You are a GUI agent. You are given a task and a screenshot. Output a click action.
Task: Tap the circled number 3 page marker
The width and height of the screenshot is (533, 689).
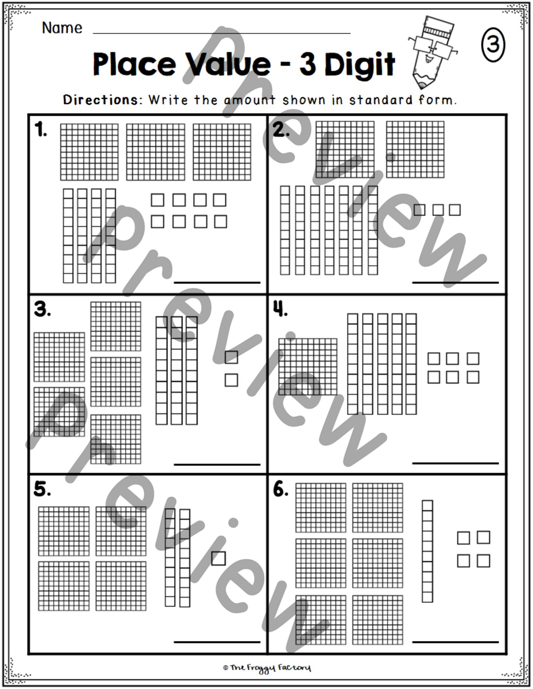(493, 44)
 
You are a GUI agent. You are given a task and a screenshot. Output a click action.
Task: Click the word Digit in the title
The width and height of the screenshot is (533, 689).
(360, 65)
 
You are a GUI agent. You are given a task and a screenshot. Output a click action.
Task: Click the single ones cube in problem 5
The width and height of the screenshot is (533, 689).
(218, 558)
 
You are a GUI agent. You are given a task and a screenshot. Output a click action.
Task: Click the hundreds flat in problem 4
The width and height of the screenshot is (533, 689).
(308, 367)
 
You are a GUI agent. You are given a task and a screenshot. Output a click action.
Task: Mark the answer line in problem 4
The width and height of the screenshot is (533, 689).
(455, 463)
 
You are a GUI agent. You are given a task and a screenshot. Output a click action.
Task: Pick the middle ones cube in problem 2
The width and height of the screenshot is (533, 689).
(438, 210)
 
